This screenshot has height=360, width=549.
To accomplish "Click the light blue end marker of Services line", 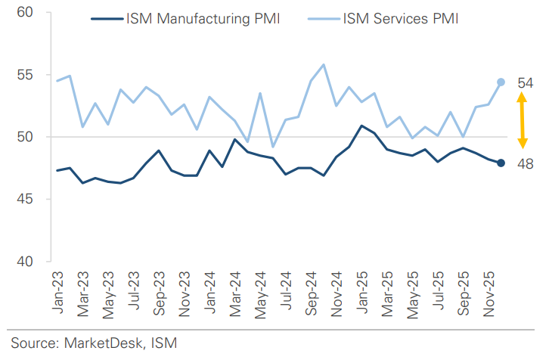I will (501, 82).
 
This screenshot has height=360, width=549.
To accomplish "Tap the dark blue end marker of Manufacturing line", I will (501, 163).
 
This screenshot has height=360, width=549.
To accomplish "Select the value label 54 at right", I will (526, 82).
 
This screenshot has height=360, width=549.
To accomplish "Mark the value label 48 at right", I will (526, 163).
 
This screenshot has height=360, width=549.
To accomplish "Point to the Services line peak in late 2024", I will (324, 64).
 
